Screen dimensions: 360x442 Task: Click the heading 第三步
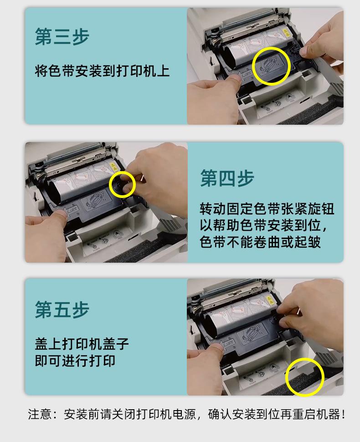click(62, 36)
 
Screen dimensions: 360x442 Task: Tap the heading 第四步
click(227, 178)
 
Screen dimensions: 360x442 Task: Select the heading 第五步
click(62, 309)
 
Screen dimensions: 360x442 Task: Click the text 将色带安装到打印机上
click(102, 71)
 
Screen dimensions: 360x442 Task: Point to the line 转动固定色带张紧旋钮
click(267, 209)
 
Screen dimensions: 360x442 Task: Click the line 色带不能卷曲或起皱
click(260, 242)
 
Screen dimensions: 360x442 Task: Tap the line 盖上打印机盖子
click(82, 344)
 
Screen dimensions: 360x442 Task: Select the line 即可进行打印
click(75, 361)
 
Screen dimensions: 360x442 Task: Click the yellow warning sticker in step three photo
click(286, 32)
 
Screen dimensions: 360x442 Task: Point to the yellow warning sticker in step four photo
click(113, 167)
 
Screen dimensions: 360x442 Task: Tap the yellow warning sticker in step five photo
click(270, 300)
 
